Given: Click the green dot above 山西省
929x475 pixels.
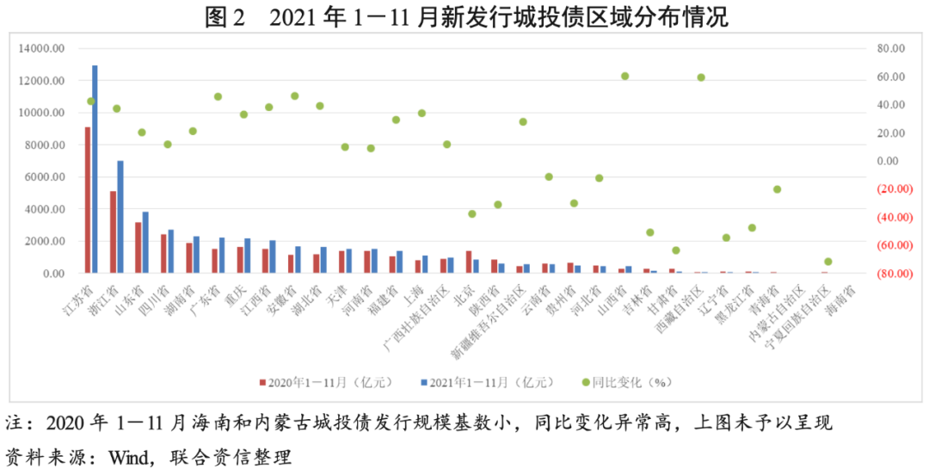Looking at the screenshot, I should coord(625,77).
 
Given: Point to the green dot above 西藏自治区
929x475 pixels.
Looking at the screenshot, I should coord(701,77).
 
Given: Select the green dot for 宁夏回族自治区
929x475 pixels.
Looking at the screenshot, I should coord(827,262).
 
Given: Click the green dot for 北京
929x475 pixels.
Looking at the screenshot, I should coord(472,213).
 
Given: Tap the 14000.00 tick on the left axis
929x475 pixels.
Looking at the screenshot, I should coord(40,49).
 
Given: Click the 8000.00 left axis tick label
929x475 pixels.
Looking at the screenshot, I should coord(43,145).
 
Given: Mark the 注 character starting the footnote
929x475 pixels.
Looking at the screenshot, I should coord(15,423).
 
